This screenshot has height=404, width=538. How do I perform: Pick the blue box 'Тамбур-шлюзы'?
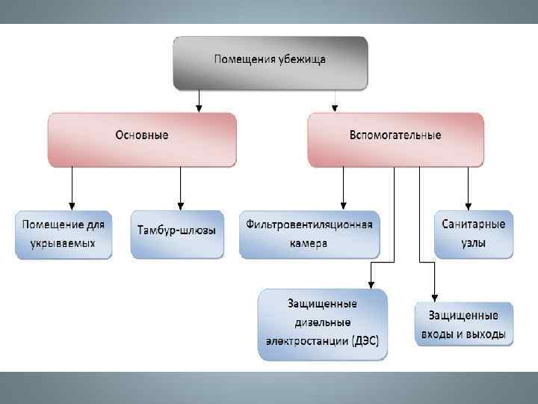177,231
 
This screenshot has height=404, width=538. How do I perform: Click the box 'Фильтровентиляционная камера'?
309,233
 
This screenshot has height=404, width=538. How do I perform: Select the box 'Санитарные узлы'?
474,233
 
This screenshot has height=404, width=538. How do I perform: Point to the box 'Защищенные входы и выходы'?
464,324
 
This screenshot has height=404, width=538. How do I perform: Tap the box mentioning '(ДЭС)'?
323,324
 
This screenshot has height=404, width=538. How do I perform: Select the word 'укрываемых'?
64,243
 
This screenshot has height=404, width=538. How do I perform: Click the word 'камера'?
309,243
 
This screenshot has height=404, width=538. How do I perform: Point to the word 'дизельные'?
323,323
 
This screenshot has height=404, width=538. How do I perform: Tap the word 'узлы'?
474,243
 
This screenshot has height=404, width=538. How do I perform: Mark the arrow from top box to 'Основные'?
200,100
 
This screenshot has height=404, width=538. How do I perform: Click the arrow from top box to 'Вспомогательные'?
336,100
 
